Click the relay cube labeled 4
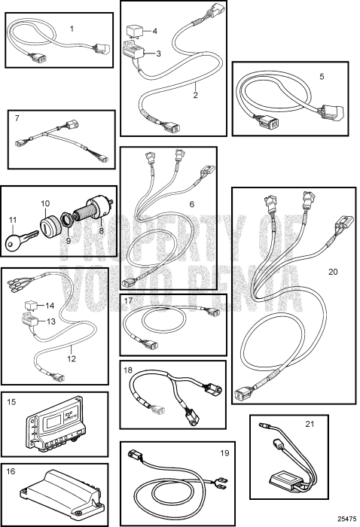point(135,32)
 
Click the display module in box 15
point(55,424)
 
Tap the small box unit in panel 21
point(285,479)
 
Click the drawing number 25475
point(347,519)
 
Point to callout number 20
point(333,272)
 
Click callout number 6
point(192,204)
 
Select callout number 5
point(322,77)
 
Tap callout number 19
point(224,453)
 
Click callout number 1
point(72,29)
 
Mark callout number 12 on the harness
point(72,358)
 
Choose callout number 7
point(17,118)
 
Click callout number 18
point(128,370)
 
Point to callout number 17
point(128,300)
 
